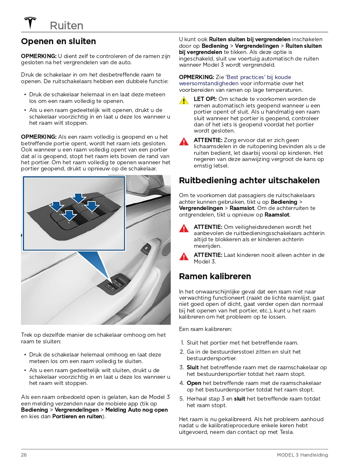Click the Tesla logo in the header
tap(30, 23)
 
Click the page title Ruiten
tap(66, 26)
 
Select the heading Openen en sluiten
tap(58, 41)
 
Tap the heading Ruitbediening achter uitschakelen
tap(249, 180)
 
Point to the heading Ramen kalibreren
tap(215, 276)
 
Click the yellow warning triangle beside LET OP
tap(184, 100)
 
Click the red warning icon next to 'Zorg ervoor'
tap(184, 142)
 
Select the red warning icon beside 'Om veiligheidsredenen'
tap(184, 228)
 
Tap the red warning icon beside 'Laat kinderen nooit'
tap(184, 256)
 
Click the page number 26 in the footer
tap(24, 455)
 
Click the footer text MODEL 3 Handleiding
tap(302, 455)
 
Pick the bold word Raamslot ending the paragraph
tap(277, 214)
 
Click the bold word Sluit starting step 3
tap(193, 368)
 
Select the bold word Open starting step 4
tap(194, 383)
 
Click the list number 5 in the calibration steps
tap(181, 399)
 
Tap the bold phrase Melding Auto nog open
tap(137, 410)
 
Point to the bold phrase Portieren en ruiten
tap(77, 416)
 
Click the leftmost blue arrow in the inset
tap(57, 205)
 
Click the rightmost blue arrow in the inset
tap(92, 205)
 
